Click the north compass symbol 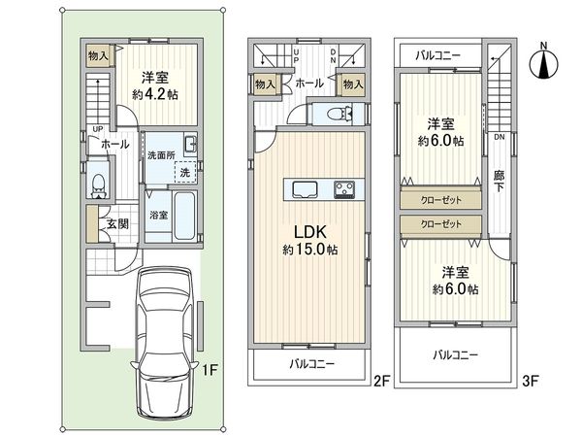click(543, 62)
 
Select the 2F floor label click(381, 381)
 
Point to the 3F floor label click(530, 381)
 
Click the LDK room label click(310, 232)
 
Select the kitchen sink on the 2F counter click(305, 189)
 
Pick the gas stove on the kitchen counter click(344, 189)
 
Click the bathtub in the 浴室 click(184, 216)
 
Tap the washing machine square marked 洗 click(185, 172)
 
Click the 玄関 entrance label click(118, 223)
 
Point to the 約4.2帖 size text click(155, 94)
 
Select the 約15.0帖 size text click(310, 250)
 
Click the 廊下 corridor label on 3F click(499, 181)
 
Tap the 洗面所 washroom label click(161, 155)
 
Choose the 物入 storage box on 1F click(98, 56)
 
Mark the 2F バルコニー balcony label click(311, 363)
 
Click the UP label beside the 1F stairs click(98, 129)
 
